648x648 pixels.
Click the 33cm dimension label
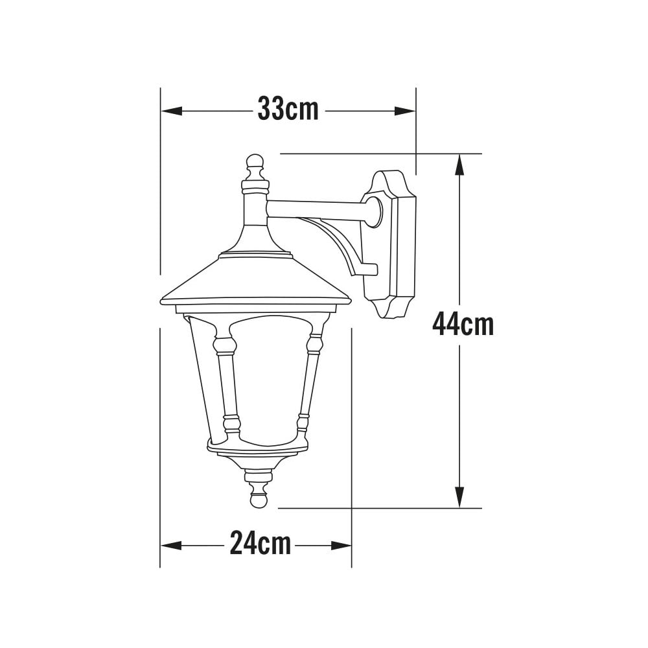(x=288, y=110)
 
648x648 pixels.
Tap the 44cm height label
(x=463, y=325)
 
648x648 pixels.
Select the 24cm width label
(x=260, y=544)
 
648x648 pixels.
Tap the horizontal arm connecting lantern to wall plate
(x=318, y=209)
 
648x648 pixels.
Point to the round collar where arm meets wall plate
(x=374, y=212)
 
